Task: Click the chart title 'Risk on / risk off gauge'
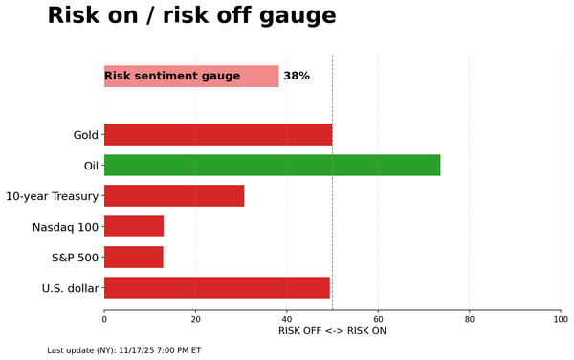pos(191,16)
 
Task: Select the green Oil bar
pos(272,165)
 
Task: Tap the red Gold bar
pos(218,134)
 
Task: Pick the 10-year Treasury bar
pos(174,195)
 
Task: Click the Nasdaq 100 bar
pos(134,226)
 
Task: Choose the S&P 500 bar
pos(134,257)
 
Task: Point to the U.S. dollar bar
pos(216,287)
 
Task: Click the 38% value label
pos(297,77)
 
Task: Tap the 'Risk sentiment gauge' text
pos(172,77)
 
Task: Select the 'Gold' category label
pos(85,135)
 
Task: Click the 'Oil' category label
pos(91,166)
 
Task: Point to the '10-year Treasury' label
pos(52,196)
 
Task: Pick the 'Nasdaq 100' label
pos(65,227)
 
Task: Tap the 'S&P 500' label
pos(74,258)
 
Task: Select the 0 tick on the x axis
pos(104,319)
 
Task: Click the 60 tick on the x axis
pos(378,319)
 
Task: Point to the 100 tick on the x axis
pos(561,319)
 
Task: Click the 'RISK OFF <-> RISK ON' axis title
pos(332,331)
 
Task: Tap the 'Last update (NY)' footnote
pos(123,350)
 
